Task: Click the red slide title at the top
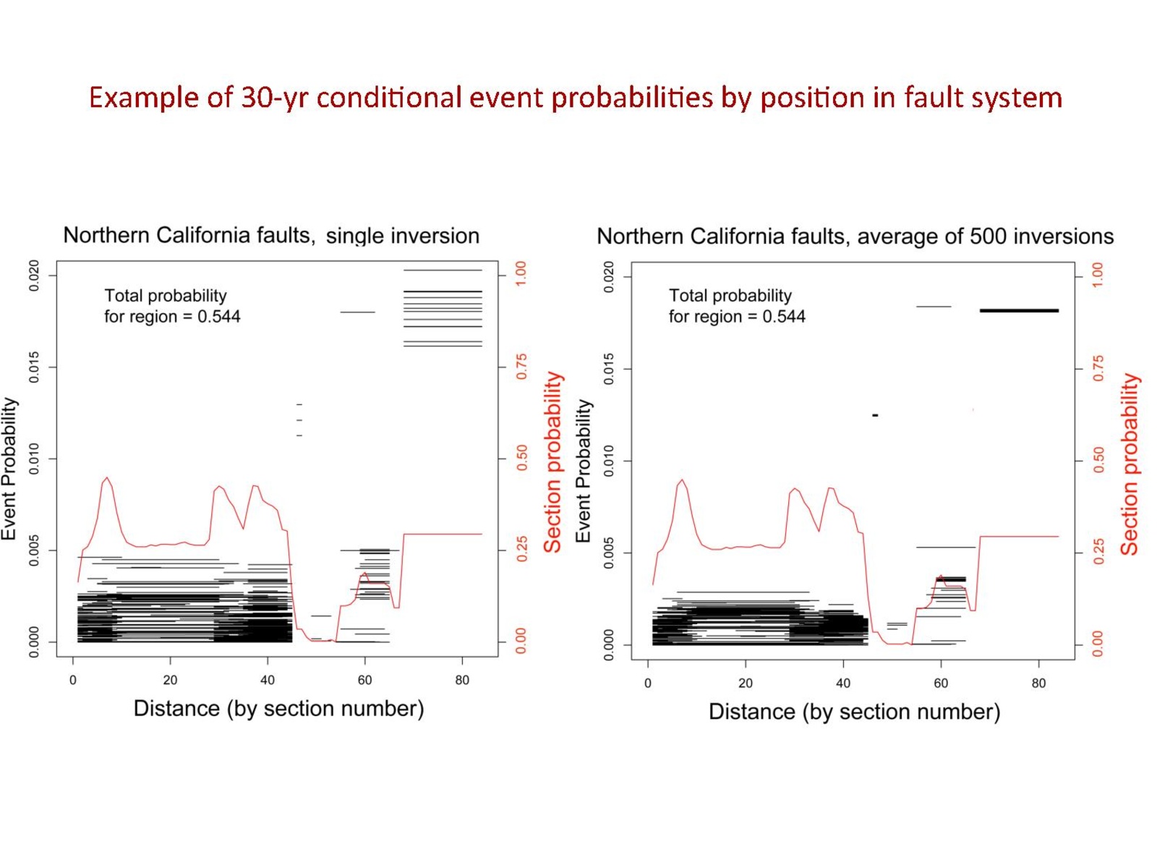[575, 97]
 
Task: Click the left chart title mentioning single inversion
[271, 235]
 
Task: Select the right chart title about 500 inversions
[855, 236]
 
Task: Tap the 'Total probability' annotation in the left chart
[172, 306]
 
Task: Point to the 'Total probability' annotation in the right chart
[736, 306]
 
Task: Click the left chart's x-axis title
[278, 708]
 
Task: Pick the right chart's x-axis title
[854, 712]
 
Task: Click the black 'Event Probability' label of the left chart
[9, 469]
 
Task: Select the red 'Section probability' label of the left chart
[552, 463]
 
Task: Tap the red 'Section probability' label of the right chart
[1129, 464]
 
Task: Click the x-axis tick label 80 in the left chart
[462, 680]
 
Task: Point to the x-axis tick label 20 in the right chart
[746, 683]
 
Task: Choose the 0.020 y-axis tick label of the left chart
[34, 275]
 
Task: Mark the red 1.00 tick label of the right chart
[1098, 276]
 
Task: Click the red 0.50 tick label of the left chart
[521, 458]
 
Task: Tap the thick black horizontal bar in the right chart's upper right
[1019, 310]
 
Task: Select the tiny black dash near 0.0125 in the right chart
[875, 415]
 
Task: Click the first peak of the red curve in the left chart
[107, 478]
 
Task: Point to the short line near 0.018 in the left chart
[357, 312]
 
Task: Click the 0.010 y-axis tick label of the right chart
[609, 461]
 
